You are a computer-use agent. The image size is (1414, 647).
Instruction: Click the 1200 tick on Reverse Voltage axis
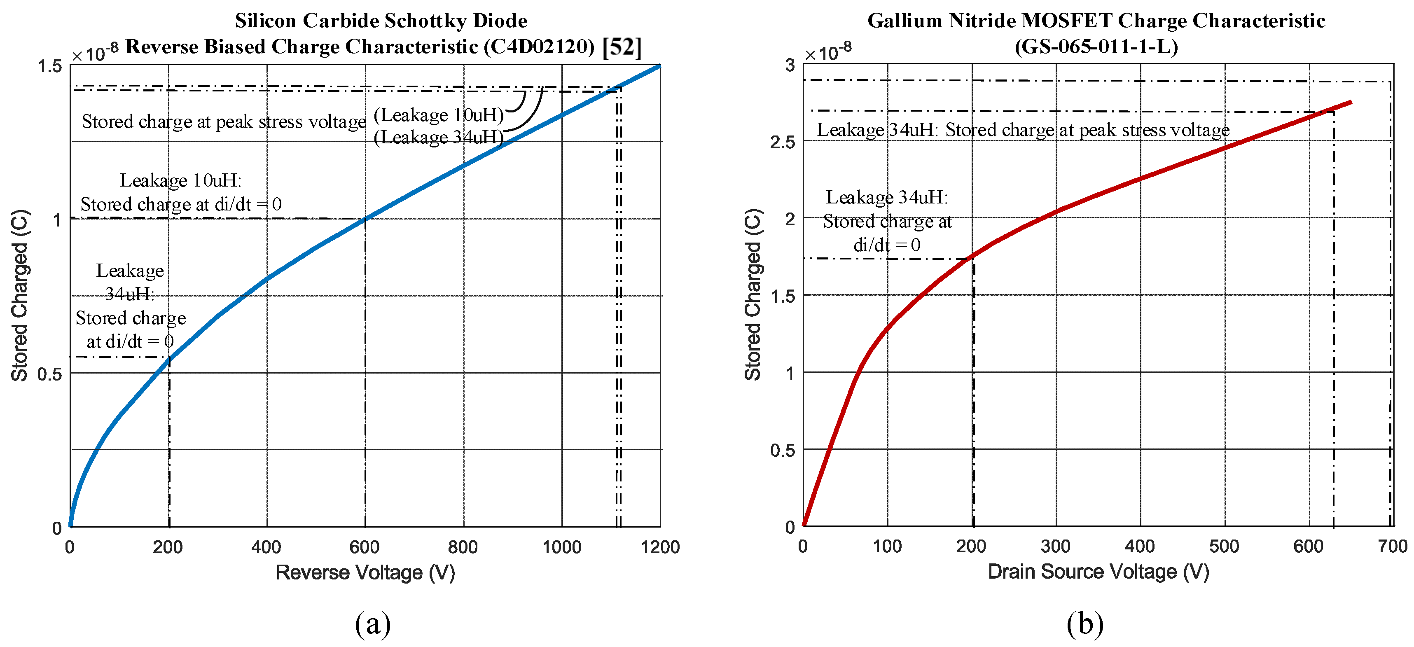(660, 547)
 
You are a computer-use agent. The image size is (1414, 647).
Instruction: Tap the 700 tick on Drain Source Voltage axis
(1393, 546)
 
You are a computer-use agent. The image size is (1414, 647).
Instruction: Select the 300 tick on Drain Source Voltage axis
(1056, 546)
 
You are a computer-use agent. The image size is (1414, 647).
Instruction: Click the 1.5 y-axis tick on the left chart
(49, 66)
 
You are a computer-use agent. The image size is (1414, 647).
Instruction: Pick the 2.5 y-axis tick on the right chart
(782, 142)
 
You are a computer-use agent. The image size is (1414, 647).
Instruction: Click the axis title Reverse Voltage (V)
(365, 572)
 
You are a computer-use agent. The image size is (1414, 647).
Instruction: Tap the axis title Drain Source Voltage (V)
(1098, 571)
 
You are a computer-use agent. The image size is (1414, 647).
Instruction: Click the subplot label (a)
(373, 624)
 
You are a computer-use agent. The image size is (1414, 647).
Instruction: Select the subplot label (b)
(1084, 624)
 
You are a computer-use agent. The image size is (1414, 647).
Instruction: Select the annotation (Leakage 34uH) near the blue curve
(439, 137)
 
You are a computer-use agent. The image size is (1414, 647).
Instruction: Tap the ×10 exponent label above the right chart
(828, 52)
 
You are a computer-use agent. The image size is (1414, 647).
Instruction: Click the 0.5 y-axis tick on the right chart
(782, 451)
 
